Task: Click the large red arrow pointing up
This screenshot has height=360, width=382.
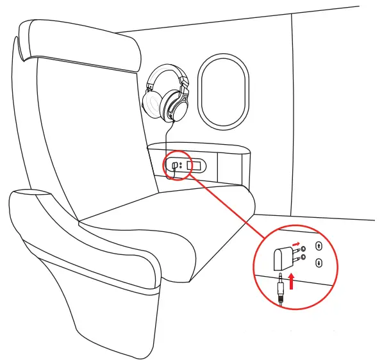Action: [x=292, y=280]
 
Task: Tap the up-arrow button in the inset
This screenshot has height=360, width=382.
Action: [x=319, y=245]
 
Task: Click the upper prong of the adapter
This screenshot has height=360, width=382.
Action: [x=296, y=249]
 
